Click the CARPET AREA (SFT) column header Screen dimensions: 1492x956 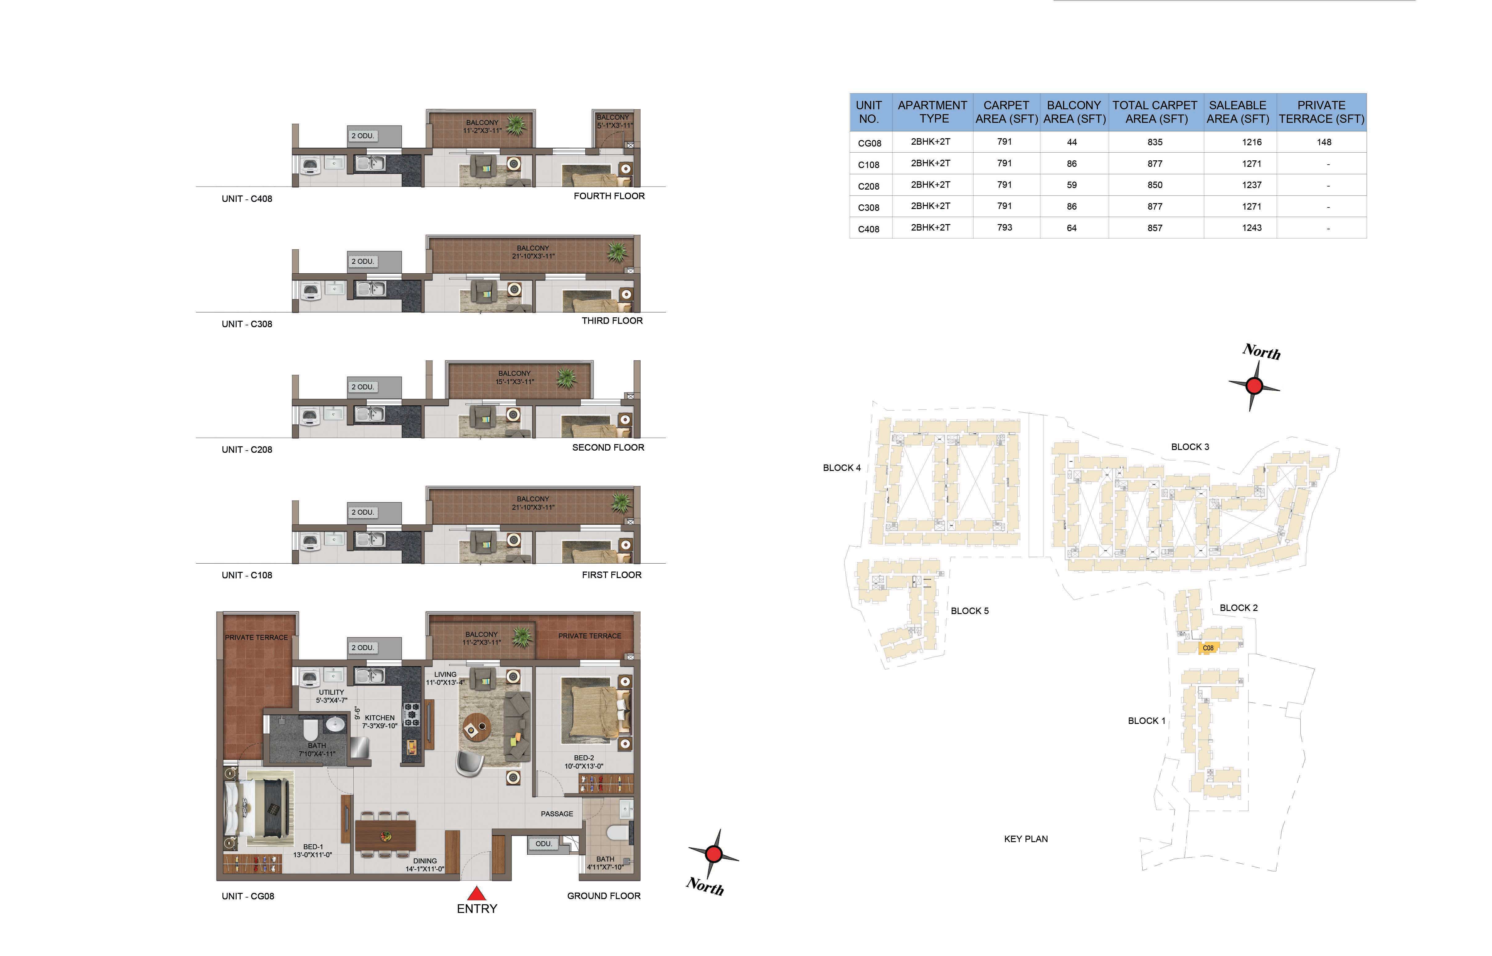pos(1006,112)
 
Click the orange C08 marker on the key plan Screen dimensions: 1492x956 pos(1208,648)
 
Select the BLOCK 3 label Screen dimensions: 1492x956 pos(1190,447)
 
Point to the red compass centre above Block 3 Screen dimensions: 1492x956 pos(1254,386)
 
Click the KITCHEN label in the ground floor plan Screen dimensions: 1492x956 pos(380,718)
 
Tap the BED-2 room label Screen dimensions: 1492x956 pos(584,758)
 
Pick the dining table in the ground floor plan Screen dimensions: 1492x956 pos(385,835)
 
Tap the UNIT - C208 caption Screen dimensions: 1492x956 pos(246,449)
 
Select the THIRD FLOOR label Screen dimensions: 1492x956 pos(612,321)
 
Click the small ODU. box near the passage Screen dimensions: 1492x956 pos(544,844)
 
